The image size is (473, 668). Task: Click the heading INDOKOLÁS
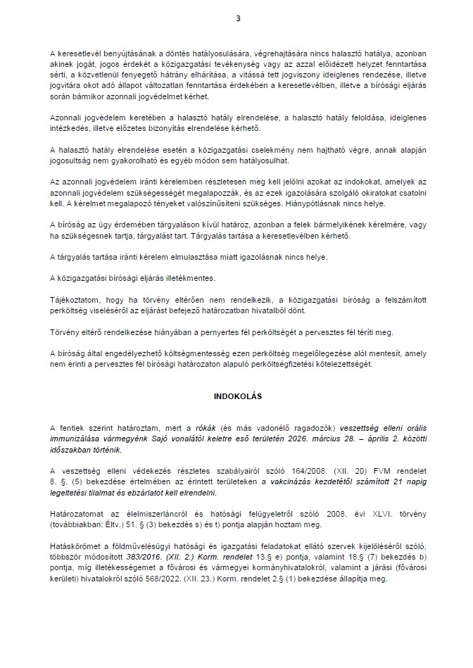[237, 396]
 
